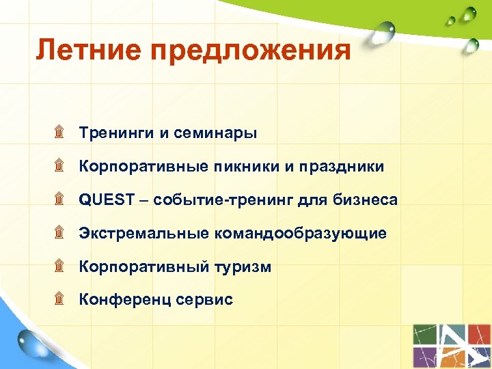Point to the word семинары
click(215, 133)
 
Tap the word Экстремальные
click(143, 233)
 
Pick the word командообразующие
click(301, 234)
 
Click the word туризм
click(243, 267)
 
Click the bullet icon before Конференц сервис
click(59, 299)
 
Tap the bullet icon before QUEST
click(59, 199)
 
